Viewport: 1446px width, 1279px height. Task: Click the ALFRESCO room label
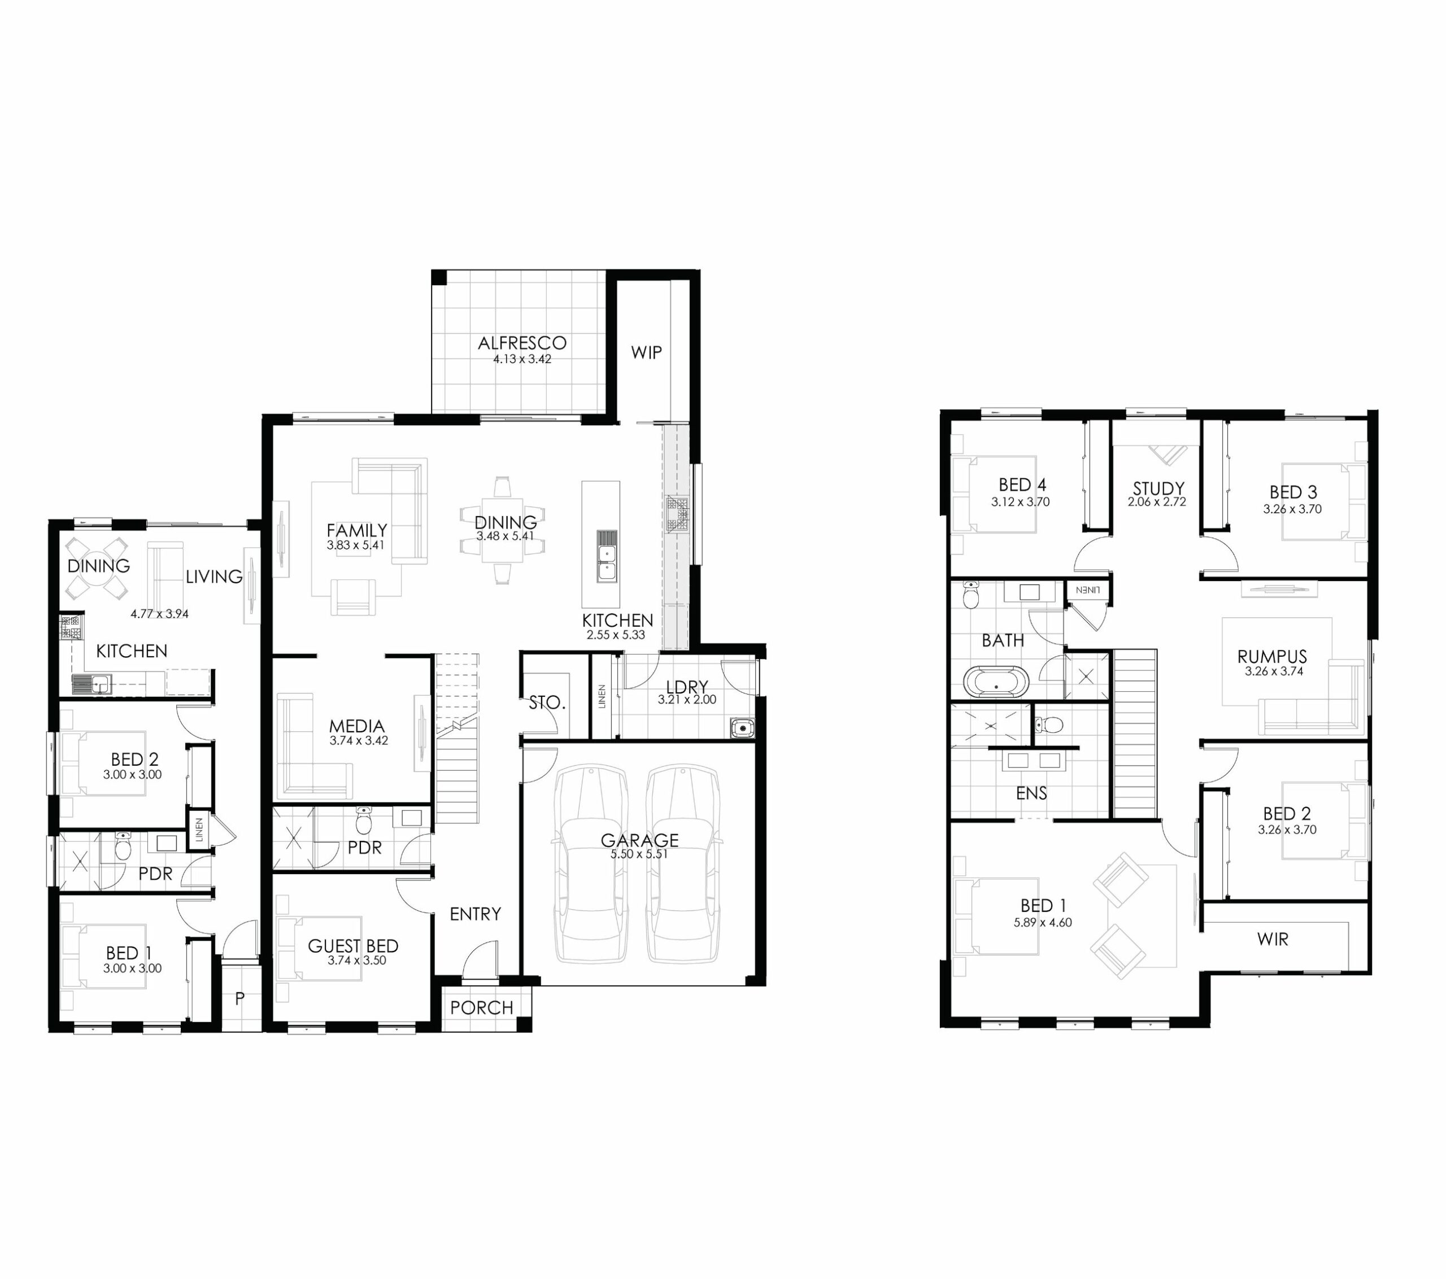[x=522, y=343]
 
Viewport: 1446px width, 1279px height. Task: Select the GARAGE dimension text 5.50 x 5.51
[x=639, y=854]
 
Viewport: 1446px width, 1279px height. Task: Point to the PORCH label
[x=482, y=1007]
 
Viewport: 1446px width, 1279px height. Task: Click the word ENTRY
[x=476, y=914]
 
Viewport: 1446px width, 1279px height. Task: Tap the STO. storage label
[x=547, y=702]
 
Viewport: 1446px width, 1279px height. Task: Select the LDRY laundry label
[x=686, y=686]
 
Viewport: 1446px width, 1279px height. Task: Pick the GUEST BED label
[x=353, y=946]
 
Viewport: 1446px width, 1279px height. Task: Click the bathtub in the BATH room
[x=996, y=682]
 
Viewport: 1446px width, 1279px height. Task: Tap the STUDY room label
[x=1158, y=488]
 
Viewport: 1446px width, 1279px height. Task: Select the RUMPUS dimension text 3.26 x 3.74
[x=1273, y=671]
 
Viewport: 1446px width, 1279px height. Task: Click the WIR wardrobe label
[x=1273, y=940]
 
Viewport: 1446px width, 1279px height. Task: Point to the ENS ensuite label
[x=1031, y=793]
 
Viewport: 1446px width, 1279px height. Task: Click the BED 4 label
[x=1022, y=484]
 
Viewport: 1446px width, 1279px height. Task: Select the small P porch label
[x=240, y=998]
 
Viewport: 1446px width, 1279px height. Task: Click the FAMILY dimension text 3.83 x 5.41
[x=355, y=545]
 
